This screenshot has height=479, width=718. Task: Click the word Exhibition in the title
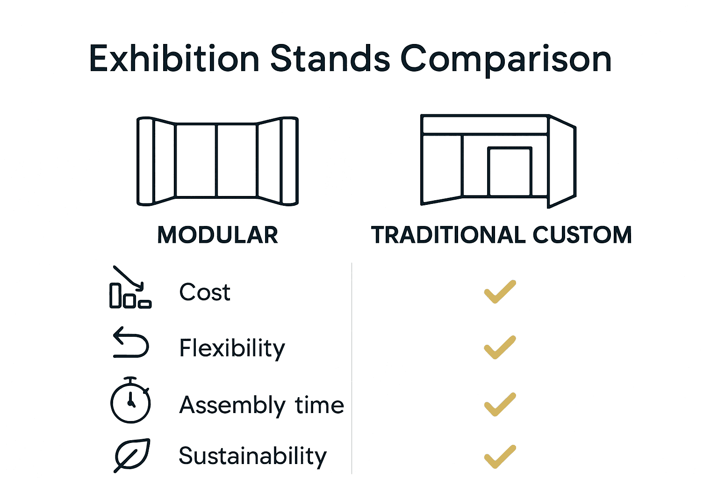[174, 59]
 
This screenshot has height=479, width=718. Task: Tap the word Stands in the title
[330, 59]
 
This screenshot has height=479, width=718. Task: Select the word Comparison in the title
[506, 60]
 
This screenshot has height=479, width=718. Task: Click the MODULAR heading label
[218, 235]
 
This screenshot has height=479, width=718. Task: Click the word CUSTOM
[582, 235]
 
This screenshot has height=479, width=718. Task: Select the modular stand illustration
[217, 161]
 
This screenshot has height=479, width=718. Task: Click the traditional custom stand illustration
[498, 160]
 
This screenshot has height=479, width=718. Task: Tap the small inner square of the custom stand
[510, 171]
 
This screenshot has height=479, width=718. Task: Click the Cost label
[205, 293]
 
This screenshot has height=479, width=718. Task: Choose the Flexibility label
[232, 348]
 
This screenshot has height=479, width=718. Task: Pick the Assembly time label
[261, 405]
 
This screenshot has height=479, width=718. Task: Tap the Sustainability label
[252, 456]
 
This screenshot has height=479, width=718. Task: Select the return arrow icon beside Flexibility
[131, 342]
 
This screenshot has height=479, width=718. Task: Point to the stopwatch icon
[130, 400]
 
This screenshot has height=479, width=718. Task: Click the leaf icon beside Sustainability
[132, 454]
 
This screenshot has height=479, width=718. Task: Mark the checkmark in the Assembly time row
[500, 405]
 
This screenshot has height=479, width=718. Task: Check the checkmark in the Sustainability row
[500, 457]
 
